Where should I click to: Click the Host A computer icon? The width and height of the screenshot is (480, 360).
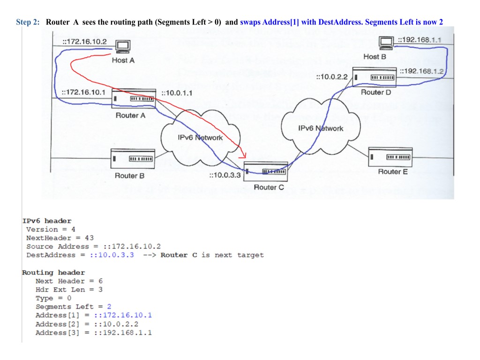pos(122,47)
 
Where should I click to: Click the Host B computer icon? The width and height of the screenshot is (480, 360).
pos(386,43)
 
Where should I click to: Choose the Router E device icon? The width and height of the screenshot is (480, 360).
pos(390,156)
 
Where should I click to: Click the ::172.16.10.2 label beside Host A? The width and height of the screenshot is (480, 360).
pos(84,41)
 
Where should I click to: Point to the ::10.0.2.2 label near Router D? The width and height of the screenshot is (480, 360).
pos(332,76)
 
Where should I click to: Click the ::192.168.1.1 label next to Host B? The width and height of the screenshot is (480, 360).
pos(420,39)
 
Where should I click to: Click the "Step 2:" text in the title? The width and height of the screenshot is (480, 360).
pos(28,22)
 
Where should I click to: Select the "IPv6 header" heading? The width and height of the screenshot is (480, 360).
pos(47,221)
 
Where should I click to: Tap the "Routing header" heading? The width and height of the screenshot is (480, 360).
pos(53,272)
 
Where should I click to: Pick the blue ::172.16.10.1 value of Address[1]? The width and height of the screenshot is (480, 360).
pos(122,315)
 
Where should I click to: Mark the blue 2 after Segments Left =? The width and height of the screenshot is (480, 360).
pos(109,307)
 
